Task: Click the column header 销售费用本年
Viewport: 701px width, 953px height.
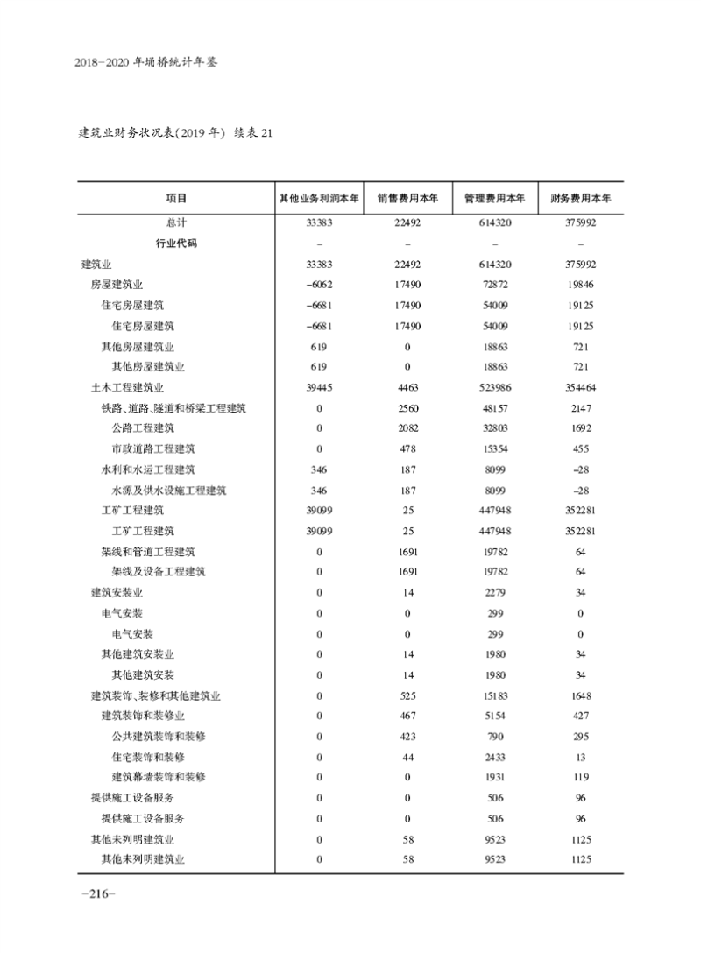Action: click(x=407, y=198)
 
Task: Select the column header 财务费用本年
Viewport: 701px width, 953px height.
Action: click(x=581, y=198)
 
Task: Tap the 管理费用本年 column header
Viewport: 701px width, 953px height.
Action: click(x=494, y=198)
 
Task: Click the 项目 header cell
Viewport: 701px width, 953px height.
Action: click(x=176, y=198)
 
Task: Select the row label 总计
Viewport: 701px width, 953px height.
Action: click(x=176, y=222)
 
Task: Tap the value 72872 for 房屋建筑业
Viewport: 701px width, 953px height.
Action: click(x=494, y=284)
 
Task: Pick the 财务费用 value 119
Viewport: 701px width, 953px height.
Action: click(x=581, y=777)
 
